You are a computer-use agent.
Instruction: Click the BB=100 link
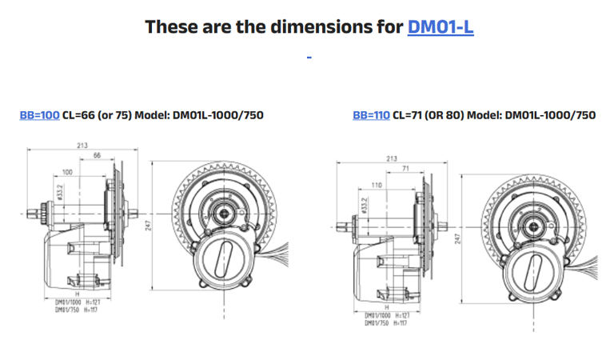(x=39, y=115)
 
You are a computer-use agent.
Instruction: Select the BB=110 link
(x=372, y=115)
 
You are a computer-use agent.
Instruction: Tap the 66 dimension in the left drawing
(x=97, y=154)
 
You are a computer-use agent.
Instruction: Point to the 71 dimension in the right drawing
(x=406, y=169)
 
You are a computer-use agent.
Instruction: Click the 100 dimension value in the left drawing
(x=67, y=172)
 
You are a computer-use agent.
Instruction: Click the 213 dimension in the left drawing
(x=82, y=145)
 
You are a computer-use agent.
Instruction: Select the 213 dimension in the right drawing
(x=391, y=158)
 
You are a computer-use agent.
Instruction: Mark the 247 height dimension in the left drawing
(x=149, y=227)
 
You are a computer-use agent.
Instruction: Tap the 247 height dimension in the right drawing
(x=457, y=238)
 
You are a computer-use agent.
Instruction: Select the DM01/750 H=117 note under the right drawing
(x=388, y=322)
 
